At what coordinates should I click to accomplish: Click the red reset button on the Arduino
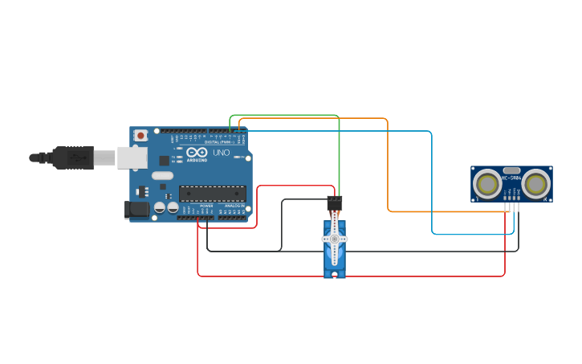pyautogui.click(x=141, y=135)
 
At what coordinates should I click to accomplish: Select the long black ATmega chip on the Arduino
pyautogui.click(x=212, y=192)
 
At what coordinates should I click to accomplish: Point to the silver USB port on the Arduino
pyautogui.click(x=132, y=157)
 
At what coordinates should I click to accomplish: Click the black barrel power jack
pyautogui.click(x=137, y=210)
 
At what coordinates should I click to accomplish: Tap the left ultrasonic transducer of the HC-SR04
pyautogui.click(x=487, y=184)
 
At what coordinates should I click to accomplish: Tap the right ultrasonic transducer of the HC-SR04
pyautogui.click(x=535, y=184)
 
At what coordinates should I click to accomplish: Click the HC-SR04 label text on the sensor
pyautogui.click(x=511, y=178)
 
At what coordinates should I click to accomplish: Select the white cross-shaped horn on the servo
pyautogui.click(x=335, y=239)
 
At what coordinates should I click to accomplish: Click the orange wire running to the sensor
pyautogui.click(x=389, y=169)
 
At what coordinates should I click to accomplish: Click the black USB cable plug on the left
pyautogui.click(x=72, y=157)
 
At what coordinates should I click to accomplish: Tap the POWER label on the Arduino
pyautogui.click(x=206, y=206)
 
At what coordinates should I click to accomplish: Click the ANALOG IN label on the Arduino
pyautogui.click(x=234, y=206)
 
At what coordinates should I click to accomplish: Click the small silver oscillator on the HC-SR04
pyautogui.click(x=511, y=170)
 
